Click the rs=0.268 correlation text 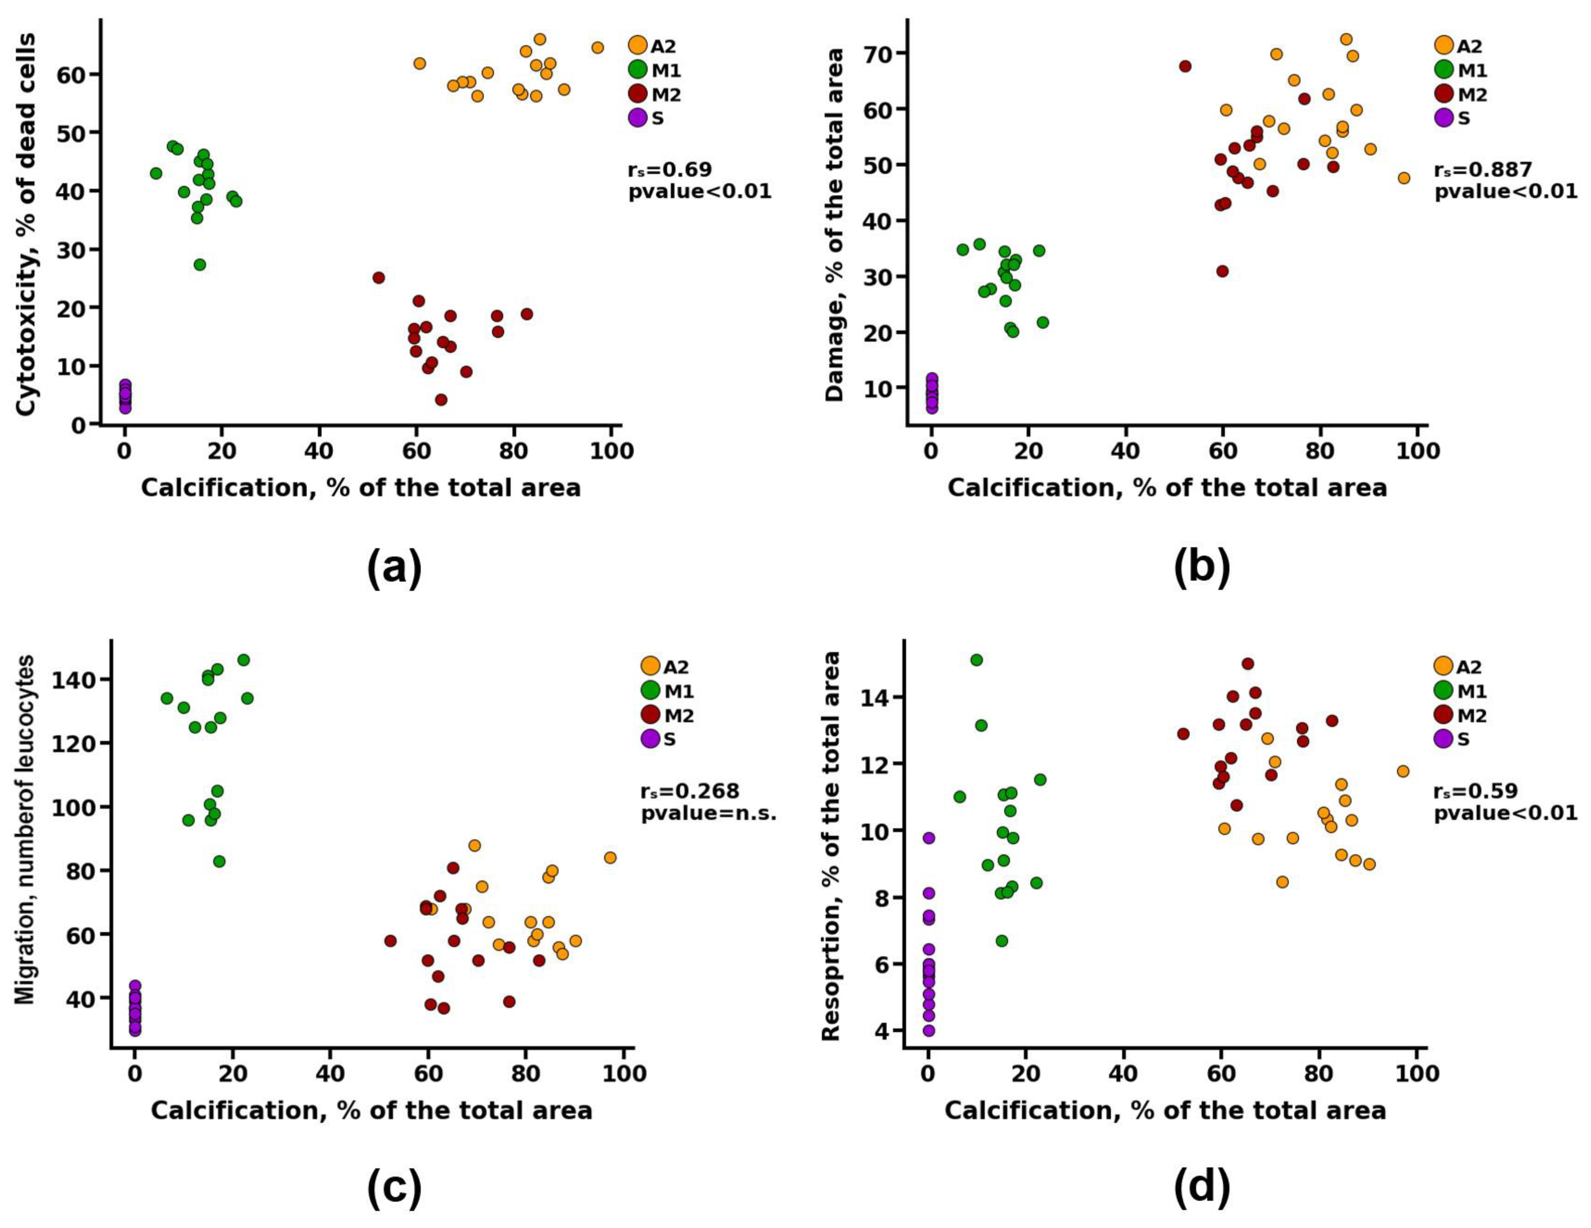tap(690, 791)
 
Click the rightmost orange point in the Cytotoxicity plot tap(597, 47)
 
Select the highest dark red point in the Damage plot tap(1185, 66)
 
